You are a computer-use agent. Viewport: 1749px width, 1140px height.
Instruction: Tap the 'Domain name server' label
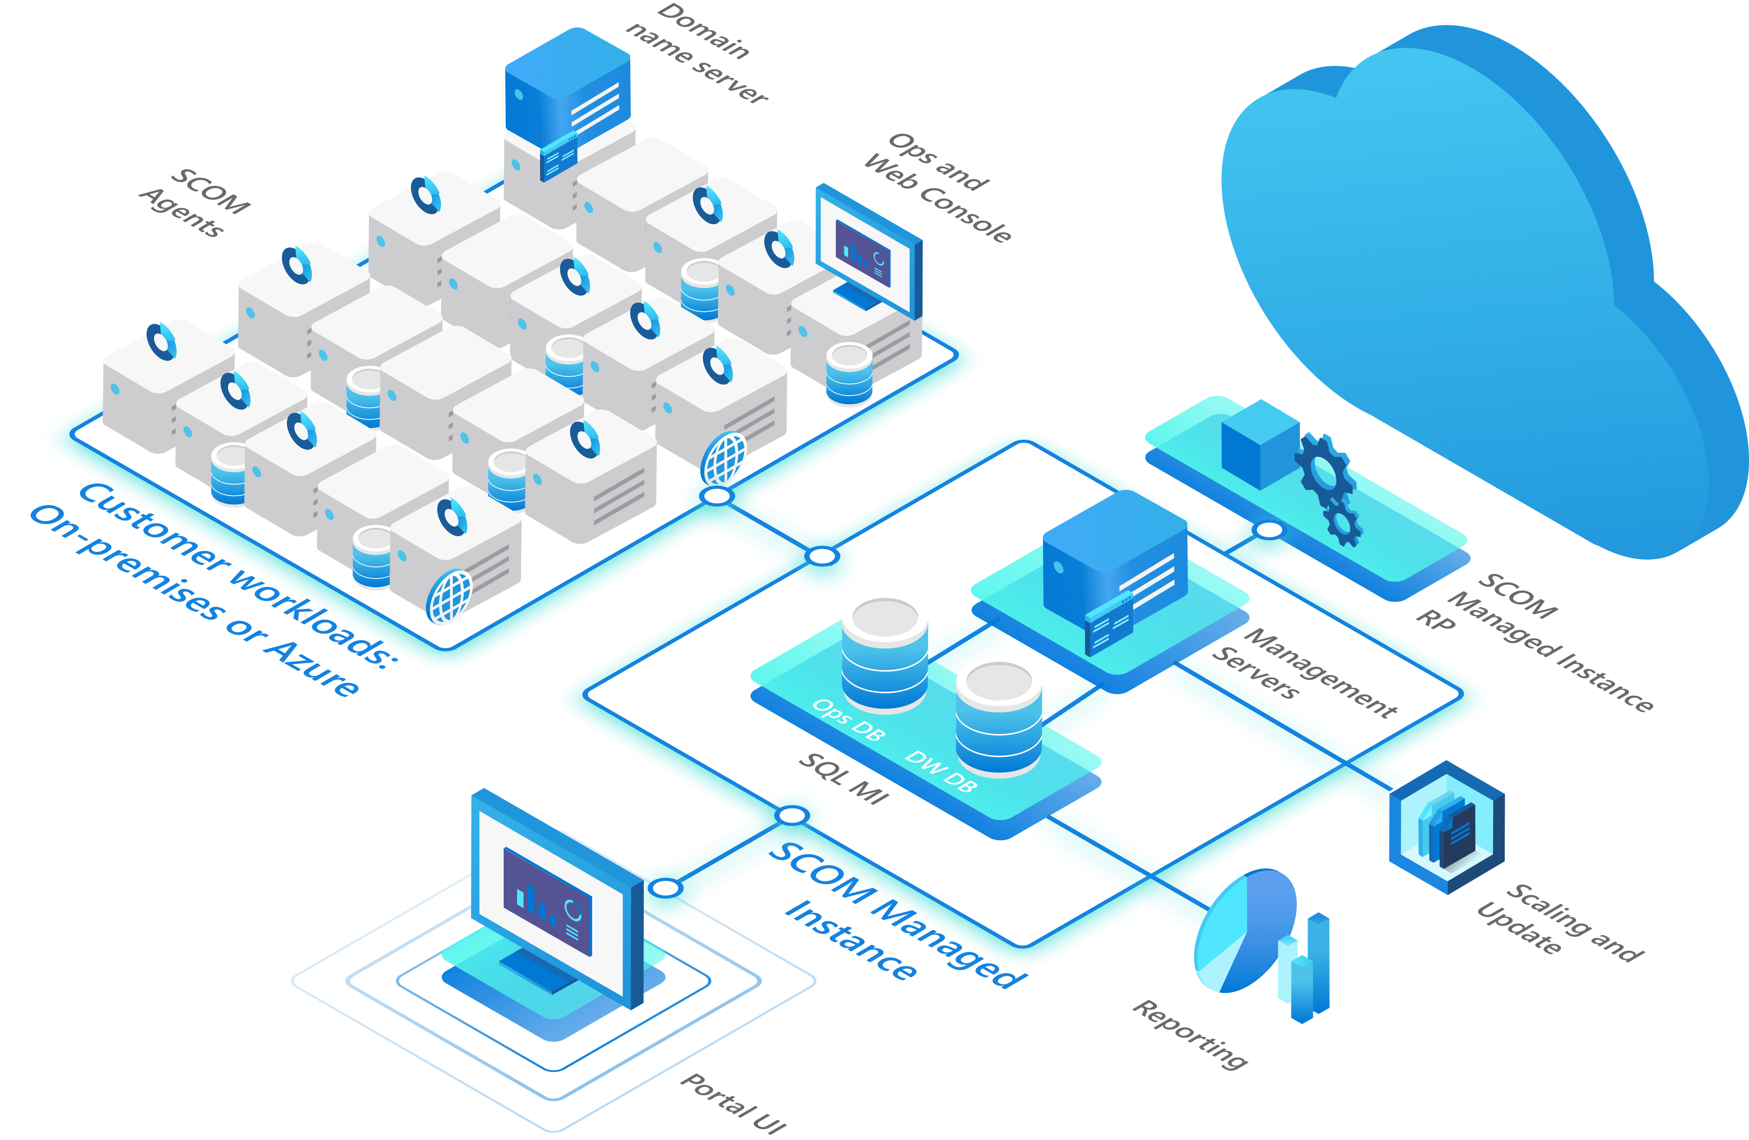[x=697, y=53]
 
